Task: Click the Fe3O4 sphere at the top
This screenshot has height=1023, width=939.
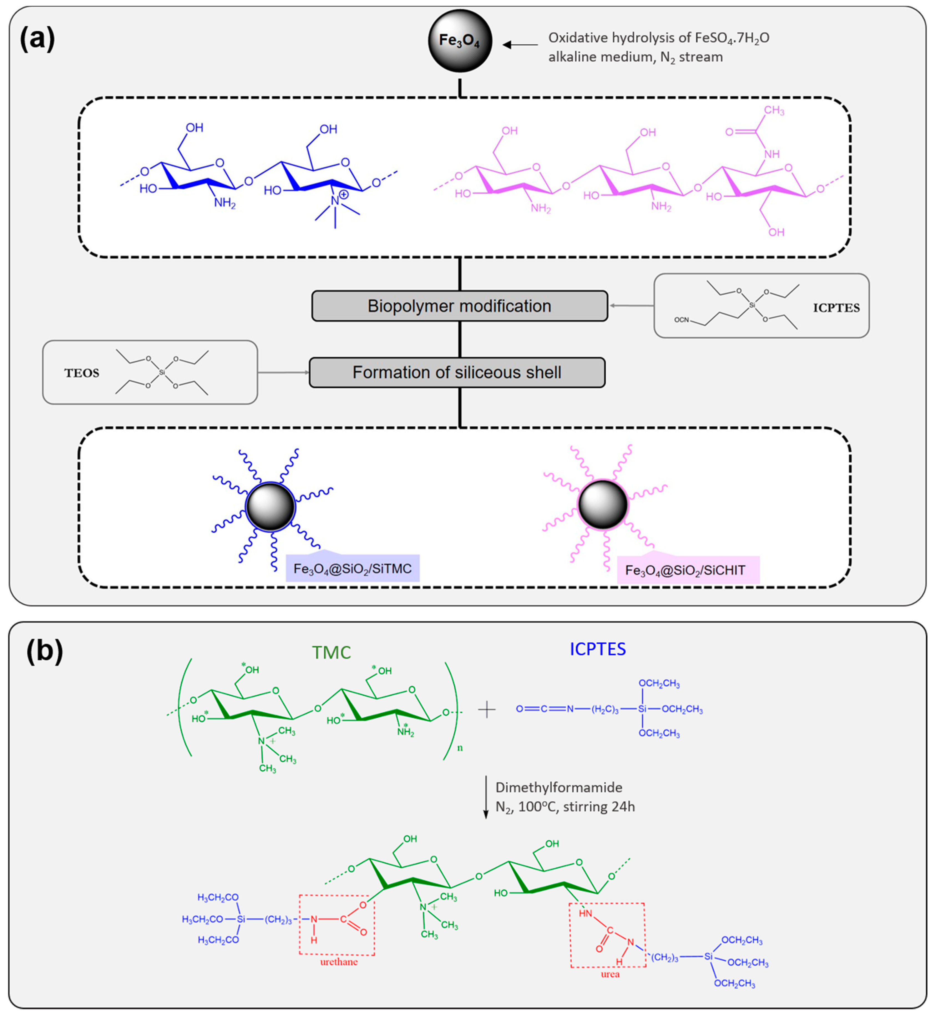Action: pos(460,41)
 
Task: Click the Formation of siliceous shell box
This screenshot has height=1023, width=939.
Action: pos(457,372)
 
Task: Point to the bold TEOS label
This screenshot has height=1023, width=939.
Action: pos(81,373)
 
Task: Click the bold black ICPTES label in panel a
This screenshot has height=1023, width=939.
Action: pos(836,308)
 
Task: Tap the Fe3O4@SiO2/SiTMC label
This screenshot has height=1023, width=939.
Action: pos(353,569)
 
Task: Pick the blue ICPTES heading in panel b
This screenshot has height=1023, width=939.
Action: pos(598,649)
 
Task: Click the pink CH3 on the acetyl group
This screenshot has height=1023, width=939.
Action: pos(774,110)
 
